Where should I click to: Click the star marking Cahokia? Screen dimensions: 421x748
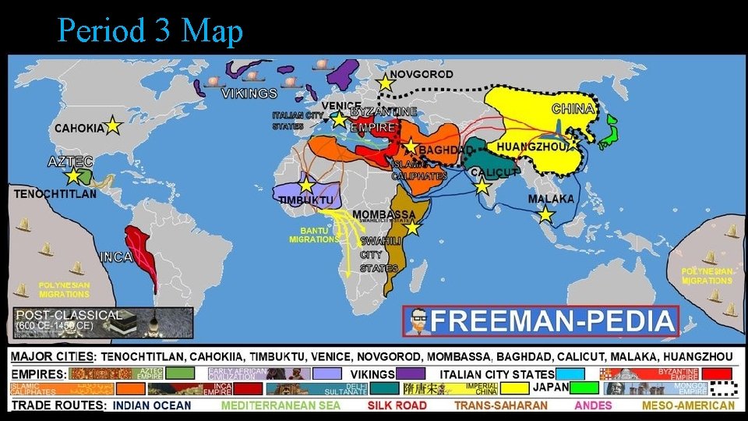click(x=113, y=126)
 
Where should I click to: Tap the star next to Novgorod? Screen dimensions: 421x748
click(x=384, y=82)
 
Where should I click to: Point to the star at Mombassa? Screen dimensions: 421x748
click(x=412, y=228)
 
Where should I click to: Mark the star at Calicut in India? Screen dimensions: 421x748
click(x=482, y=186)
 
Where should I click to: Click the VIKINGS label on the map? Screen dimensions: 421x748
click(x=249, y=94)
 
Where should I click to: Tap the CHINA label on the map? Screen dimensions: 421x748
click(x=573, y=109)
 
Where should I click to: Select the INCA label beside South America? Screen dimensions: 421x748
click(x=115, y=256)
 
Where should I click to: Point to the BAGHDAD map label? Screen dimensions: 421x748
click(x=446, y=150)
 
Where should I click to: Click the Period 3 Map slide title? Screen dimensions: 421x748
click(x=150, y=31)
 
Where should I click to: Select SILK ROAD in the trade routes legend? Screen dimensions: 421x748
click(x=397, y=405)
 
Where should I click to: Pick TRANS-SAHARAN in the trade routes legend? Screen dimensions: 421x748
click(x=501, y=405)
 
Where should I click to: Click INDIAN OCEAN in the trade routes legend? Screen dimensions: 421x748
click(x=151, y=405)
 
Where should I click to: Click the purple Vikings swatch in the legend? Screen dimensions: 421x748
click(x=411, y=373)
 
